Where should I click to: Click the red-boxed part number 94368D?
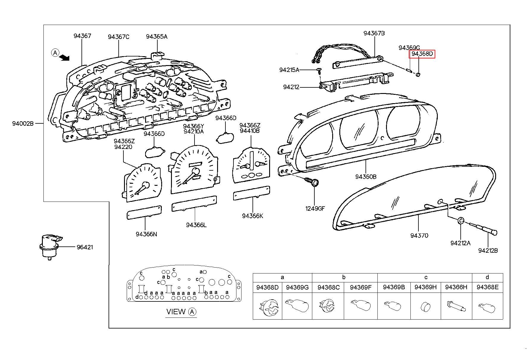click(x=422, y=54)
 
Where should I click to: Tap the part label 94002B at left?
click(x=23, y=123)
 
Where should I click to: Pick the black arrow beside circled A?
click(x=64, y=57)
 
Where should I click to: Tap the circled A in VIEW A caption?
click(x=192, y=312)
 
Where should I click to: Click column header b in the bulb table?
click(x=344, y=277)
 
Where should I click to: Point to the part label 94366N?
click(x=146, y=234)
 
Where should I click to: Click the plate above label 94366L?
click(x=194, y=203)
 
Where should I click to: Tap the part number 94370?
click(x=419, y=235)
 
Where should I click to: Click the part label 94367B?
click(x=374, y=33)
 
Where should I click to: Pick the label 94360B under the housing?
click(x=366, y=177)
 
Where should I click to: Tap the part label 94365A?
click(x=156, y=37)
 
